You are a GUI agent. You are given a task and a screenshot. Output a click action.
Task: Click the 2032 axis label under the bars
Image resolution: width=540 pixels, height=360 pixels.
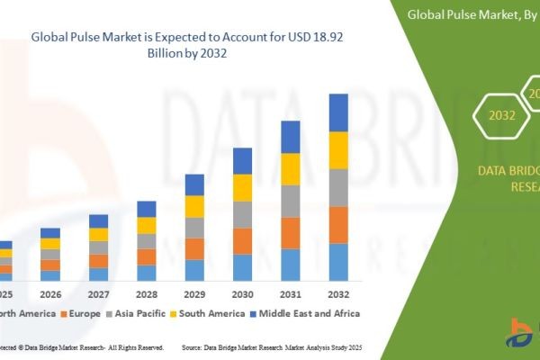pos(337,293)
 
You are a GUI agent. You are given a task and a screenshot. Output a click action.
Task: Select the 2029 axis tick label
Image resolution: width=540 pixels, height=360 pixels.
pos(194,293)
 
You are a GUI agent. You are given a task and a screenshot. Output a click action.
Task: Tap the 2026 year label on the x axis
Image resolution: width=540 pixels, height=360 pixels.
pos(50,293)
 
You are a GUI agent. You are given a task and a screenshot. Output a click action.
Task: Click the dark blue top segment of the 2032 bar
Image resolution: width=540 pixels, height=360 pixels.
pos(337,112)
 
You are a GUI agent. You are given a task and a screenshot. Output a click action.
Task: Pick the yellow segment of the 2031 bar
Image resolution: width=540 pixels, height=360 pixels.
pos(290,169)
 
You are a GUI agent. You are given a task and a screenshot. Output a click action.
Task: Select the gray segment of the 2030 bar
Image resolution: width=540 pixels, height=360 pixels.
pos(242,214)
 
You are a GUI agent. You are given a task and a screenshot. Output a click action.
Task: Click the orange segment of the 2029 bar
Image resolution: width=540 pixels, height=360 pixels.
pos(194,248)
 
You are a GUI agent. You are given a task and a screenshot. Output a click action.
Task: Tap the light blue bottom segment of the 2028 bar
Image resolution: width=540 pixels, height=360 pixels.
pos(146,273)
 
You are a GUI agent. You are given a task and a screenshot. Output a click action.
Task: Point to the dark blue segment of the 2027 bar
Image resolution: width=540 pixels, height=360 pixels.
pos(98,220)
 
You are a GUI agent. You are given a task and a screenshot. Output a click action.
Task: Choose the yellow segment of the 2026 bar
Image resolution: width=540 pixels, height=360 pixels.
pos(50,243)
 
